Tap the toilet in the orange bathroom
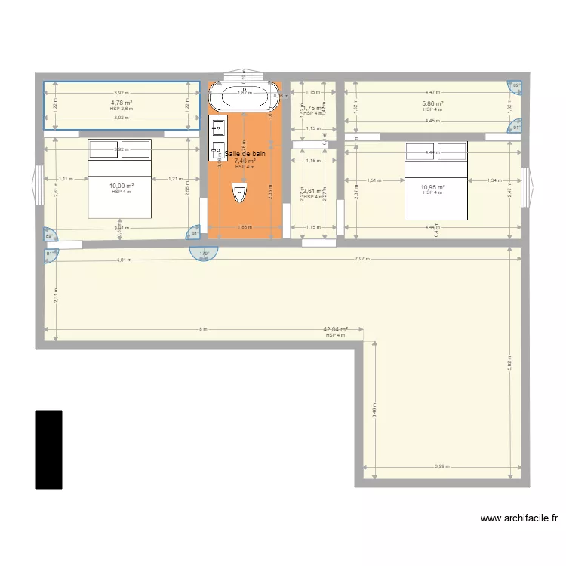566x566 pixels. click(239, 194)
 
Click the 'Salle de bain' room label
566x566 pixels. click(245, 153)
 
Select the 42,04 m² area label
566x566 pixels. click(335, 329)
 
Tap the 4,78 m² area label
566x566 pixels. click(121, 103)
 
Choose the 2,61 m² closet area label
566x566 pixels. click(313, 192)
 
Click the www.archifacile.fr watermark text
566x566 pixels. click(519, 518)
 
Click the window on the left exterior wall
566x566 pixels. click(35, 186)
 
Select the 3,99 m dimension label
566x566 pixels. click(441, 466)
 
